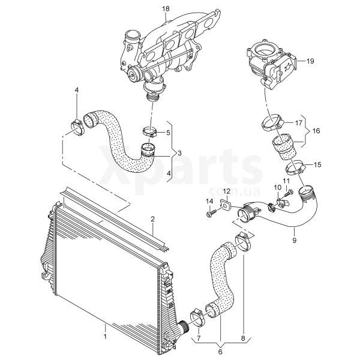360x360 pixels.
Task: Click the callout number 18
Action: (x=166, y=9)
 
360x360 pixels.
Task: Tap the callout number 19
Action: (x=310, y=61)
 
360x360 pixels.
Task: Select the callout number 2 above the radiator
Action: (x=152, y=219)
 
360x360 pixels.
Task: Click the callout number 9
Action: (x=295, y=241)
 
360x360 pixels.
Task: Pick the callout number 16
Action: (x=316, y=131)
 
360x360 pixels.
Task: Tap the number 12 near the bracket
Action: (x=226, y=191)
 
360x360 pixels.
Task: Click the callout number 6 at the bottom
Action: (x=220, y=352)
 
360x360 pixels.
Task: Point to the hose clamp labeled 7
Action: (x=197, y=318)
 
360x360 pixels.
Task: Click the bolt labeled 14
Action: (x=211, y=213)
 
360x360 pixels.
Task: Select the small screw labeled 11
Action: (x=287, y=193)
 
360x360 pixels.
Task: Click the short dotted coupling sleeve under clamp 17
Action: (x=284, y=147)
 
